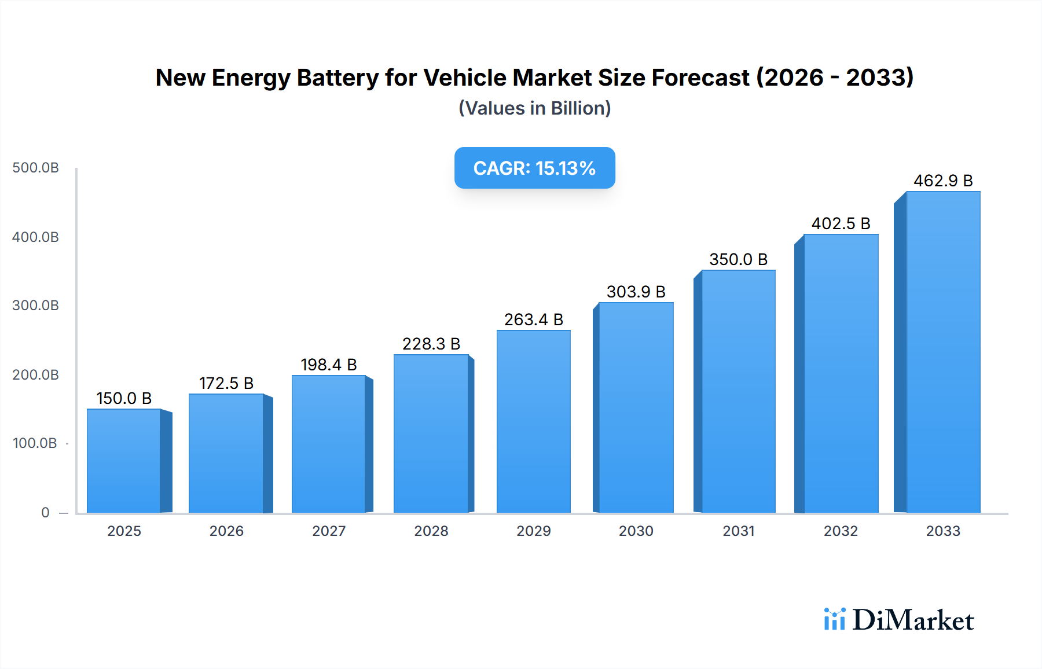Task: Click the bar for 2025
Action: [x=124, y=461]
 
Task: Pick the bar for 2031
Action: [x=738, y=391]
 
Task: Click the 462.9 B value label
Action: [x=943, y=181]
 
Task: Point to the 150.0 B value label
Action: [x=124, y=398]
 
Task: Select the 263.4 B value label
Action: [x=534, y=319]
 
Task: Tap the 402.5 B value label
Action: [x=841, y=223]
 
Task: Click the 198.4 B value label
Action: [x=329, y=365]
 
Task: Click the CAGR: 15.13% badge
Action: [x=534, y=168]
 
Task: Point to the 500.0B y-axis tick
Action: [x=36, y=168]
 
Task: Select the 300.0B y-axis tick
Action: [x=36, y=306]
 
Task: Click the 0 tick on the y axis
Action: [x=45, y=512]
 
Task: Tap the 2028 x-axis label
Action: [x=431, y=531]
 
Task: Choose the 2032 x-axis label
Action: [x=841, y=531]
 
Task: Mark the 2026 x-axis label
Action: [x=226, y=531]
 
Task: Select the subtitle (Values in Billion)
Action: [x=534, y=108]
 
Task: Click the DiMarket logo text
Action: [x=913, y=620]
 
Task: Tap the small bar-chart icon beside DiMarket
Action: [x=834, y=619]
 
